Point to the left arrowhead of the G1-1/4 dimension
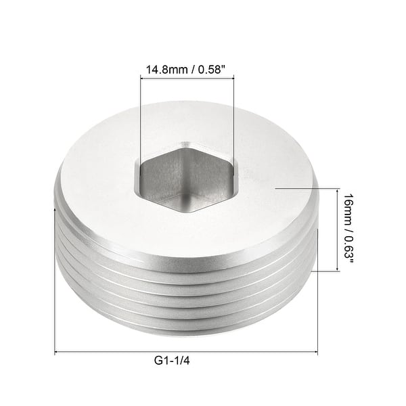point(57,352)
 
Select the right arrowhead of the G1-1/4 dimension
point(315,352)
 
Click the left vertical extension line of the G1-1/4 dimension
point(54,284)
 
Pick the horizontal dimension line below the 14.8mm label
point(187,79)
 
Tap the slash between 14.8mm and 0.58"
point(191,69)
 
